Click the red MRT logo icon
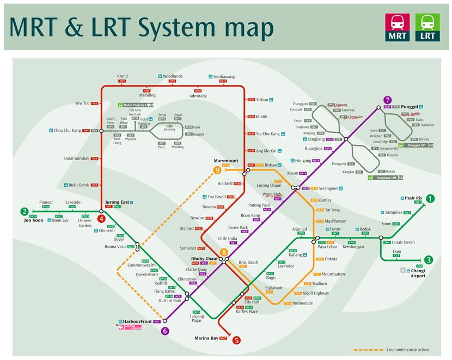(398, 27)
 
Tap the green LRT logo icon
(427, 27)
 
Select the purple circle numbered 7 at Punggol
(387, 100)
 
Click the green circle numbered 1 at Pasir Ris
(431, 199)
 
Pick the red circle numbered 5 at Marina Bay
(236, 340)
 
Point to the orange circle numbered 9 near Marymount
(217, 170)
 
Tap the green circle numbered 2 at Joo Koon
(25, 212)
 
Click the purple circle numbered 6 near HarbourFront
(165, 330)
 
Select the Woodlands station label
(173, 76)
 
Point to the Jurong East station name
(117, 202)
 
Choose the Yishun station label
(262, 100)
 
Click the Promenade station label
(303, 303)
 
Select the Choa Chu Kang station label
(67, 131)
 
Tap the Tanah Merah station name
(403, 242)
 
